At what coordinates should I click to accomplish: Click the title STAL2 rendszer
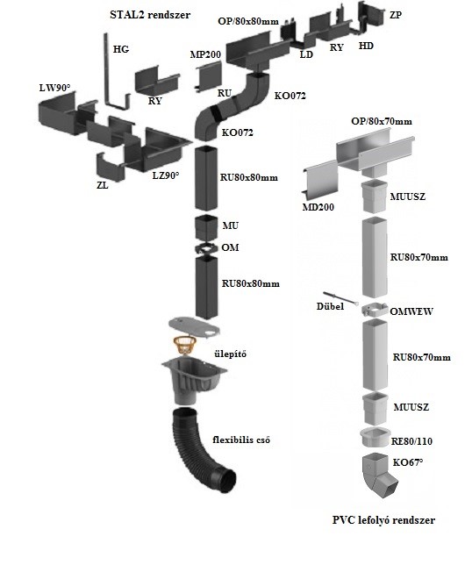coord(150,15)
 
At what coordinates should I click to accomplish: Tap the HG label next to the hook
coord(121,49)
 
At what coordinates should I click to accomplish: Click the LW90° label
coord(54,88)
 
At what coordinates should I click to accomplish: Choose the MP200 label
coord(205,54)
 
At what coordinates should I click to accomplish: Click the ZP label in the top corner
coord(396,15)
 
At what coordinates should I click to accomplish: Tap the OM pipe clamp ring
coord(206,248)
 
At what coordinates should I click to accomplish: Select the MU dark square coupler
coord(206,228)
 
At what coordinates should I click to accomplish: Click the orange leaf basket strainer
coord(184,345)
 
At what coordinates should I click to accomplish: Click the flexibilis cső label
coord(241,440)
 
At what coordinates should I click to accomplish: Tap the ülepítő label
coord(230,354)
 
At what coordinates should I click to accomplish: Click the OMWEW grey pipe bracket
coord(375,311)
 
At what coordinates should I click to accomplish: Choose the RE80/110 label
coord(411,441)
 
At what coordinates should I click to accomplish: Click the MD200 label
coord(318,207)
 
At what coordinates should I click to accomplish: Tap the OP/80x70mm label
coord(382,121)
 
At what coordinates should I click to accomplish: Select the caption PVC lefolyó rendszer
coord(383,520)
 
